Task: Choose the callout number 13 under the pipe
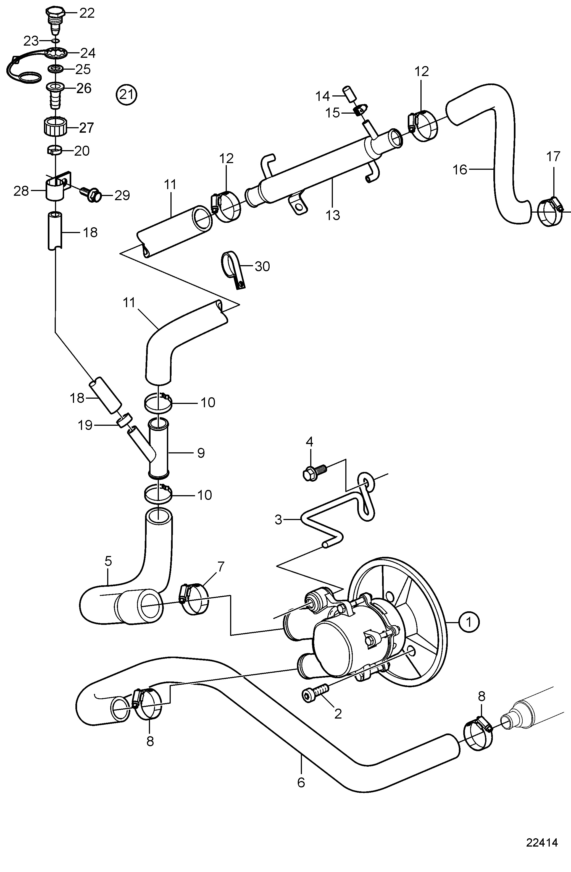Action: (333, 215)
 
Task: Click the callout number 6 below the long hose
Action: (301, 782)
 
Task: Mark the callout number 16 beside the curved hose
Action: (460, 170)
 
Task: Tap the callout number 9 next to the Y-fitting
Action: (201, 453)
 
